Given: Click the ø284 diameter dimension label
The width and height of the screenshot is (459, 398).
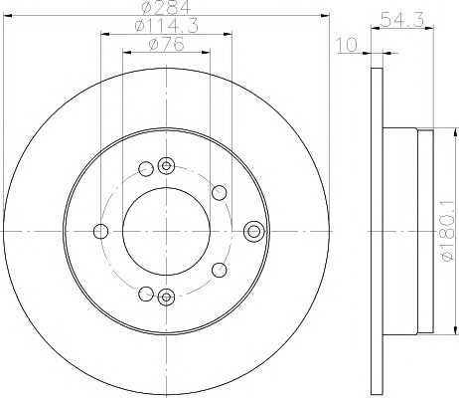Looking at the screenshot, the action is (166, 7).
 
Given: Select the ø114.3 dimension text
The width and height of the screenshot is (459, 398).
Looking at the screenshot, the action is (167, 25).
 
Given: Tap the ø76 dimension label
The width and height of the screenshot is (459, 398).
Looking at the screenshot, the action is (166, 44).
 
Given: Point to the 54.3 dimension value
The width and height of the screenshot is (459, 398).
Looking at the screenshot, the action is (401, 20).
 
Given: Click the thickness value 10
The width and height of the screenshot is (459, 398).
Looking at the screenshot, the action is (347, 45).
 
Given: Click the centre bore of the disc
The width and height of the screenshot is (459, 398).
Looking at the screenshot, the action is (166, 231).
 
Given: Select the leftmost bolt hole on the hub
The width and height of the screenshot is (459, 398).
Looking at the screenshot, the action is (100, 231).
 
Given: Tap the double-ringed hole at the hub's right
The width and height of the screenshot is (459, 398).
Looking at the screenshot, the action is (253, 231).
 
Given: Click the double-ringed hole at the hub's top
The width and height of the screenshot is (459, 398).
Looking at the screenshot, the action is (166, 165).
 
